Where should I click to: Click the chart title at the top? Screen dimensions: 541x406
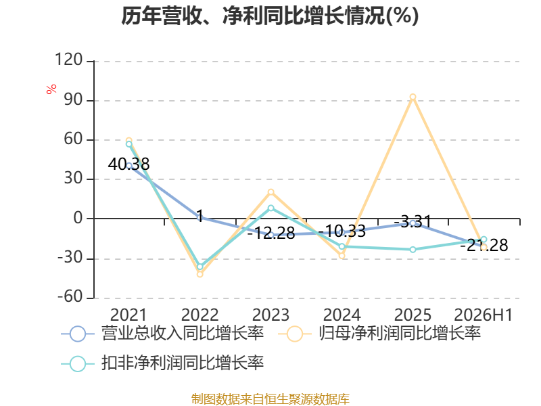(270, 16)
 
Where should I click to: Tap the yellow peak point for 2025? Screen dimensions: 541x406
(413, 97)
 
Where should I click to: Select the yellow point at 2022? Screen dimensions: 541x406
(199, 274)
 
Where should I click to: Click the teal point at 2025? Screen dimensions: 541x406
(413, 249)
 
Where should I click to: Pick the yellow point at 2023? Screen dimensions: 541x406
(271, 192)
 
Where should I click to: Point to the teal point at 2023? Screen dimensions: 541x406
(271, 208)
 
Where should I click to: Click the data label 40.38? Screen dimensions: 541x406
(128, 164)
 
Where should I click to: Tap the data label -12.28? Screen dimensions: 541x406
(271, 233)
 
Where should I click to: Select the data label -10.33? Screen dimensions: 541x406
(342, 231)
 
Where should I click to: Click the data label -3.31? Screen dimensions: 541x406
(413, 221)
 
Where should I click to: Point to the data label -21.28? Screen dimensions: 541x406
(484, 245)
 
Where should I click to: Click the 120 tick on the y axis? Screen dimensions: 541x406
(69, 60)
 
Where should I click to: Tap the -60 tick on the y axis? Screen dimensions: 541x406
(70, 296)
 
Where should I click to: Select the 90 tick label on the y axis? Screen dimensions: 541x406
(74, 99)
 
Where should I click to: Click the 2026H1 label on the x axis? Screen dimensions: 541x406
(484, 315)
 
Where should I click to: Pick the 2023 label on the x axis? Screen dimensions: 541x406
(271, 315)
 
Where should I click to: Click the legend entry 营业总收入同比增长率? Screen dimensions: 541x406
(162, 334)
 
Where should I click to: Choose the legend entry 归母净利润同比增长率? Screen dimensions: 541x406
(379, 334)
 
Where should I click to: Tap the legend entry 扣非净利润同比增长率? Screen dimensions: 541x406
(162, 363)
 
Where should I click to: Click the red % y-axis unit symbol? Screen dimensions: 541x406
(51, 89)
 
